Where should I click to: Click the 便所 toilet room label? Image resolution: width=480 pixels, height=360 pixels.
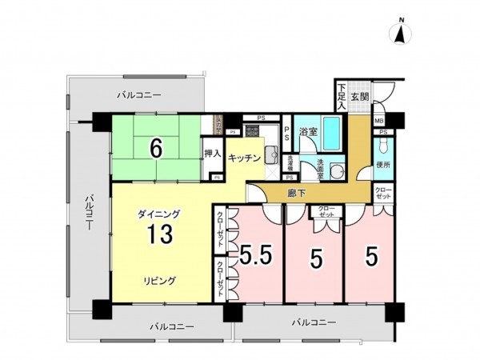pyautogui.click(x=383, y=165)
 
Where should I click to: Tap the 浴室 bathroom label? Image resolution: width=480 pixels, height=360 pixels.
pyautogui.click(x=308, y=130)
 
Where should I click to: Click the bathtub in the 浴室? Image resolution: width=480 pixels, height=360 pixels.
pyautogui.click(x=332, y=132)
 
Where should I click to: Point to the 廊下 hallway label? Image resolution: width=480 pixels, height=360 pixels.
pyautogui.click(x=297, y=193)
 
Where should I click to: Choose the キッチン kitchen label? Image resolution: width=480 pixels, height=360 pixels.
pyautogui.click(x=244, y=158)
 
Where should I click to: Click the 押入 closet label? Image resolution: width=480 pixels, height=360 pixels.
pyautogui.click(x=211, y=153)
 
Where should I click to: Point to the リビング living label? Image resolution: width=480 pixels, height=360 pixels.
pyautogui.click(x=160, y=281)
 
